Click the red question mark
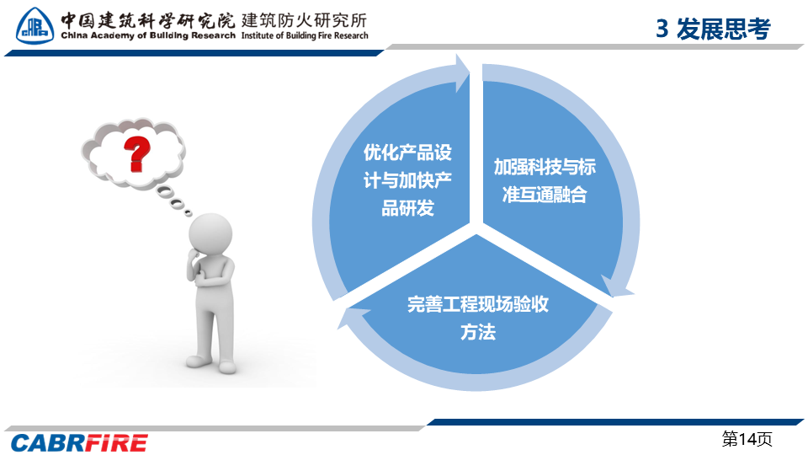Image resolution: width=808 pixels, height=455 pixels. [x=136, y=153]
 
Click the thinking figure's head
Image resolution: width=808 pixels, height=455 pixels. [x=210, y=233]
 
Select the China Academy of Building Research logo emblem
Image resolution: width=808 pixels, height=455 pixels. [x=35, y=26]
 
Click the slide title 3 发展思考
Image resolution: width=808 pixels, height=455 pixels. [x=713, y=29]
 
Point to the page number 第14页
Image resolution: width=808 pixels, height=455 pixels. [x=747, y=439]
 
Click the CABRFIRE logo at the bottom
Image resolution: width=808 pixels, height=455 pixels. [x=79, y=443]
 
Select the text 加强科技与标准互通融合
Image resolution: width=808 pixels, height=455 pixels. [x=545, y=180]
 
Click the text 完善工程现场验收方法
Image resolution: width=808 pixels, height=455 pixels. [x=478, y=318]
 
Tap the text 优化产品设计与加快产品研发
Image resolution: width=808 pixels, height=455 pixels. [x=407, y=180]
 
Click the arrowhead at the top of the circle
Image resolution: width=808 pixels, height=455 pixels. [x=462, y=74]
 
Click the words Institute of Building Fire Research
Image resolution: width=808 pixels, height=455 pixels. [x=305, y=35]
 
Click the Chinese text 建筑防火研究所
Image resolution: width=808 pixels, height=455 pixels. [x=304, y=20]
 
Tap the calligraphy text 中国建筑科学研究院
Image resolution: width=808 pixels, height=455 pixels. [x=147, y=20]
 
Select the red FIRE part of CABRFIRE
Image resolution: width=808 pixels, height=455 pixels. [x=116, y=443]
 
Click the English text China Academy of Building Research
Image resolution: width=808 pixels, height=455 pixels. [x=148, y=35]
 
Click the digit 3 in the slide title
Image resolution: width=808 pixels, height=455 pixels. [x=662, y=29]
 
